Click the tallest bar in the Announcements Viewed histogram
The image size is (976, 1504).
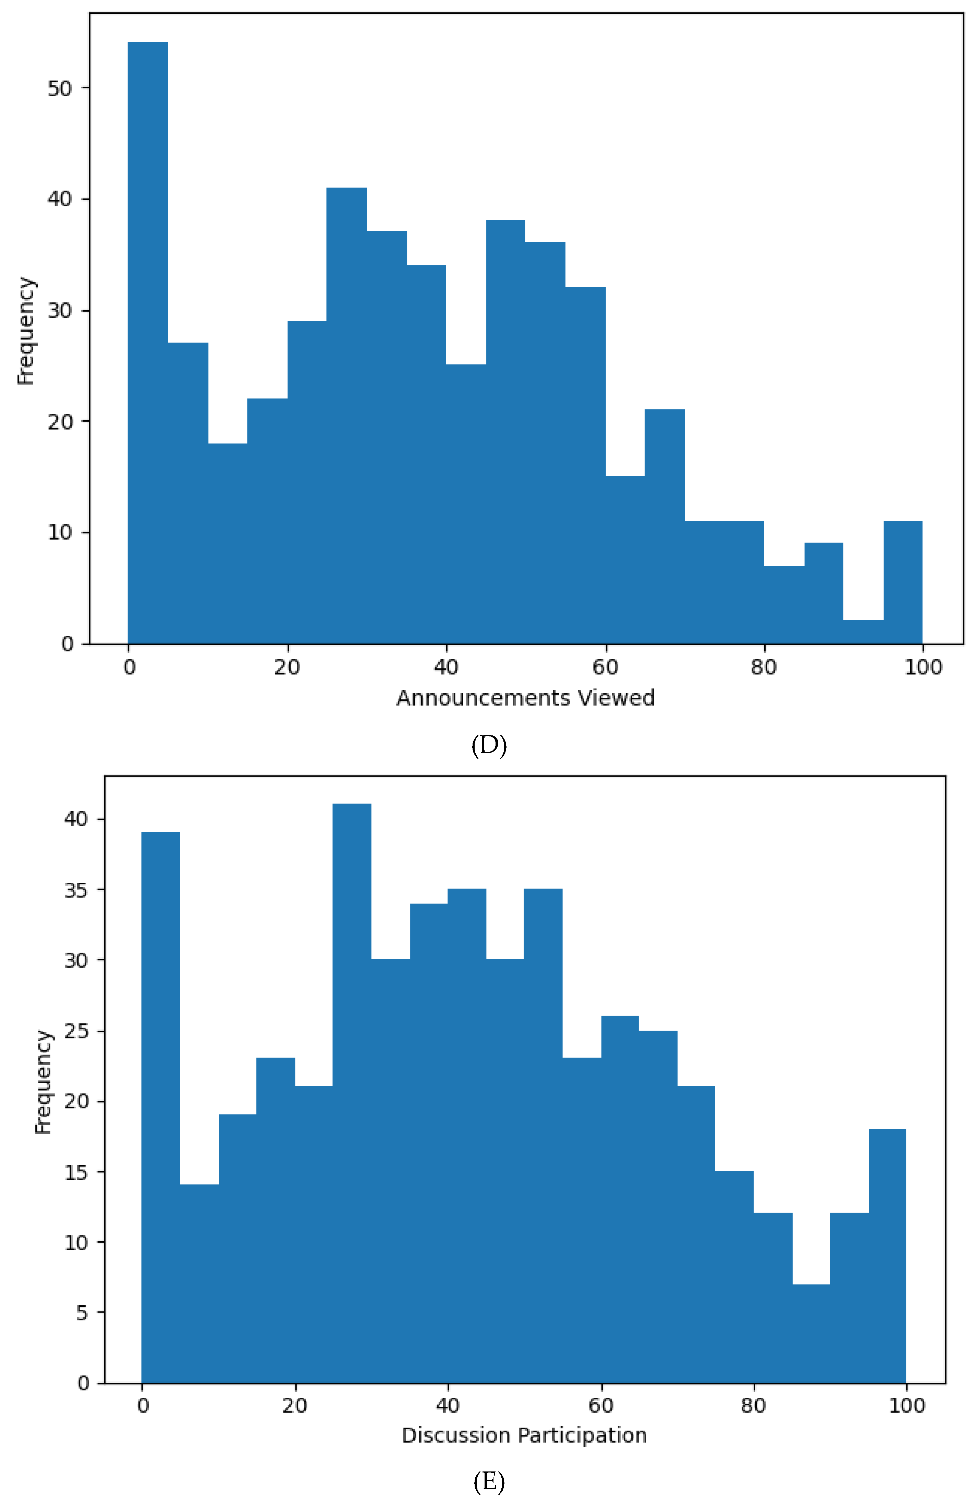(148, 341)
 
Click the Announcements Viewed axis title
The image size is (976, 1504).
(525, 698)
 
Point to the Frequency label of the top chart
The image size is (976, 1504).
(25, 331)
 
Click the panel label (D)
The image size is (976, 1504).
(489, 746)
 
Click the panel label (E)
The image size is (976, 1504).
(489, 1481)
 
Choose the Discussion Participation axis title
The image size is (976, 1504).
(524, 1435)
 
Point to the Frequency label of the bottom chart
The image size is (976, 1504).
(42, 1082)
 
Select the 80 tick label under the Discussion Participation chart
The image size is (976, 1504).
(753, 1405)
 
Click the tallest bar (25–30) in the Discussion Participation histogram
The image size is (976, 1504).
(352, 1093)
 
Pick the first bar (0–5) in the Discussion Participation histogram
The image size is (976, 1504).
(161, 1106)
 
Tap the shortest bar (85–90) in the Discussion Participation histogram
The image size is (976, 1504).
(810, 1333)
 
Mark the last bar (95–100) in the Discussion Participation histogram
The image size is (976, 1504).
(887, 1257)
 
